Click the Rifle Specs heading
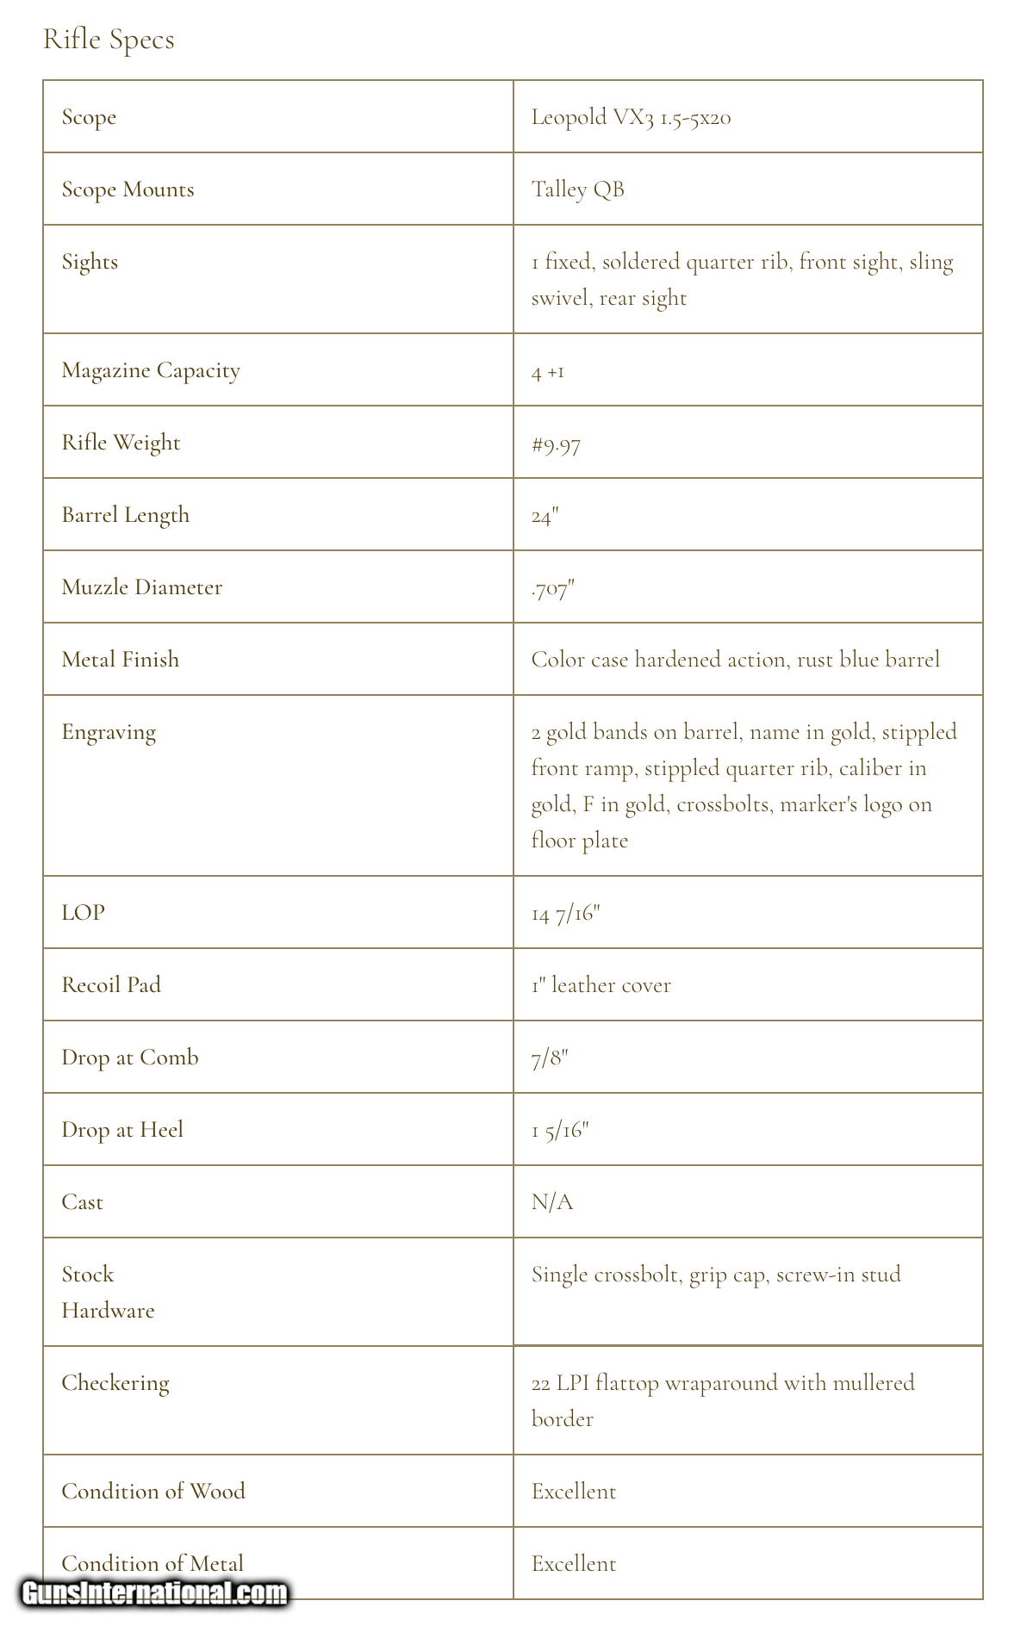[109, 40]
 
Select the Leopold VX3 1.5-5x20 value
[631, 117]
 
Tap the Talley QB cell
[577, 189]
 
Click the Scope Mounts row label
[128, 189]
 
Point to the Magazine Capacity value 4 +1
[548, 372]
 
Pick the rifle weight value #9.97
[556, 444]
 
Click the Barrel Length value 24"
[545, 516]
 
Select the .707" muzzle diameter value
[552, 589]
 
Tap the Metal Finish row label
[121, 660]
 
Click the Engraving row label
[109, 732]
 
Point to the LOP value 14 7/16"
[565, 913]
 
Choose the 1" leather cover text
[601, 985]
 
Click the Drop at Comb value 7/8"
[550, 1058]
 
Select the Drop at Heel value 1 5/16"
[560, 1130]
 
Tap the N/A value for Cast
[552, 1202]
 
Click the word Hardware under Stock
[108, 1311]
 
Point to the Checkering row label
[115, 1383]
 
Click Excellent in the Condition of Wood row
[574, 1492]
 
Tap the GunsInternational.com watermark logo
[155, 1593]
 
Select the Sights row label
[90, 262]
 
